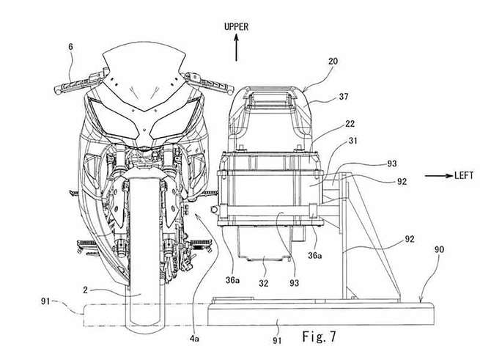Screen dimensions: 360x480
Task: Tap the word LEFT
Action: point(459,177)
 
